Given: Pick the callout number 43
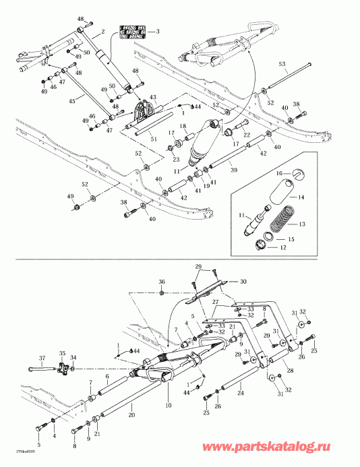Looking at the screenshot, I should (x=152, y=98).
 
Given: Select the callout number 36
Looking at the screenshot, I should (x=161, y=282).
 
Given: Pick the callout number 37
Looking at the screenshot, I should (x=41, y=358).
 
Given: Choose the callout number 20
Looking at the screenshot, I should (x=131, y=416).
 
